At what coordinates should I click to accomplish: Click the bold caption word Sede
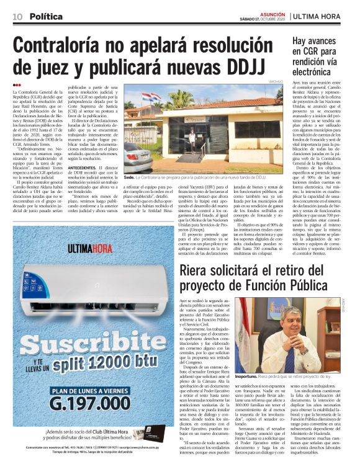click(x=129, y=159)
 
